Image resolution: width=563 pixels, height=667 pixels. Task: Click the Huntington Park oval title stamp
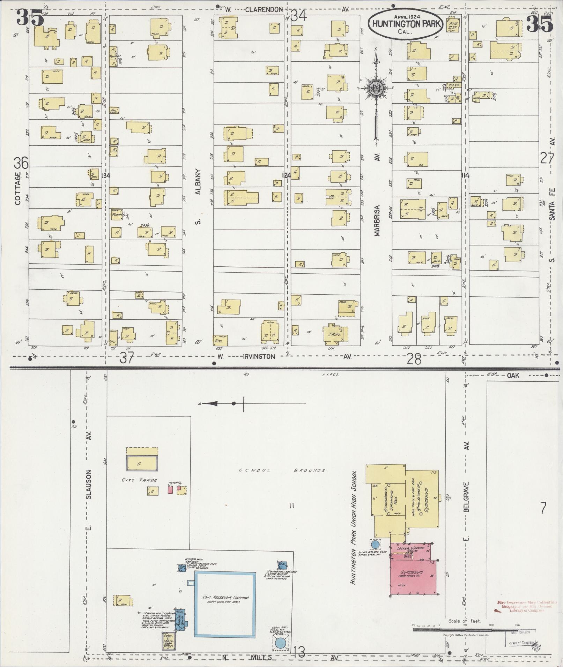coord(406,24)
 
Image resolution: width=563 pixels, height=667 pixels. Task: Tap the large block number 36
coord(21,163)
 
